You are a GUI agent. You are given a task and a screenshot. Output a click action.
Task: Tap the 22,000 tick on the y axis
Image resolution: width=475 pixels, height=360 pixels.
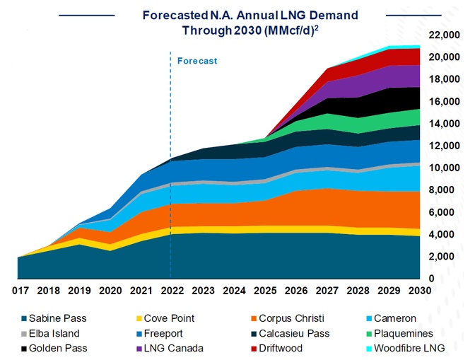(442, 35)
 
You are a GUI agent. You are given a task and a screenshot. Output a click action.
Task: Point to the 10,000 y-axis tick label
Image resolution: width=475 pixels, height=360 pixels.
(442, 168)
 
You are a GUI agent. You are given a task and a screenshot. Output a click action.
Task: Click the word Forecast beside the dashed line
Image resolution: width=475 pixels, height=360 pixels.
(197, 62)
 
